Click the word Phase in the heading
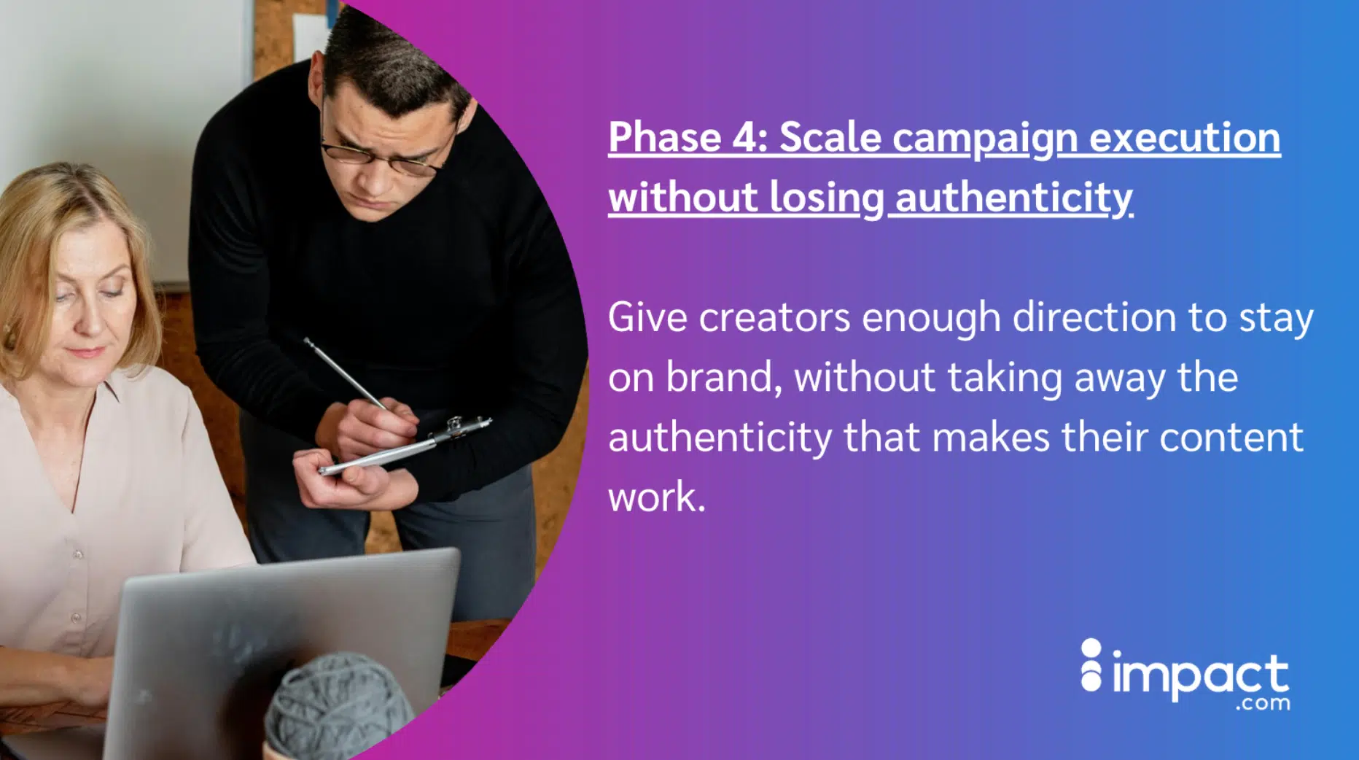coord(664,137)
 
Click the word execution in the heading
coord(1185,137)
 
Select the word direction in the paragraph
coord(1094,317)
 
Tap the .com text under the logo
coord(1263,704)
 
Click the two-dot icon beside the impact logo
coord(1091,664)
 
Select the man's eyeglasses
coord(385,155)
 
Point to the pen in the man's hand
coord(346,373)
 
